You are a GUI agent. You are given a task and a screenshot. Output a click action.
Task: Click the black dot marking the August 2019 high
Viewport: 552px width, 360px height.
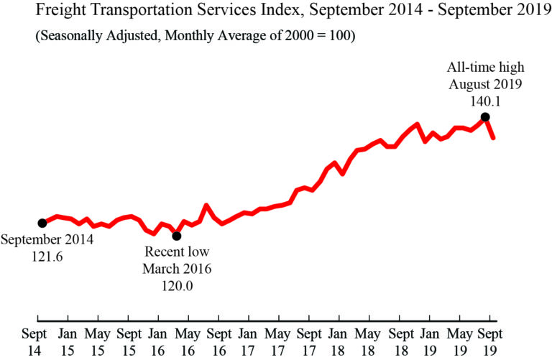(485, 116)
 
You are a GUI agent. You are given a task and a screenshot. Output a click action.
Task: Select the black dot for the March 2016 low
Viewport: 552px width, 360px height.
(177, 236)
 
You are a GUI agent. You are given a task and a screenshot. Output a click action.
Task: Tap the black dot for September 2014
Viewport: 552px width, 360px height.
(42, 223)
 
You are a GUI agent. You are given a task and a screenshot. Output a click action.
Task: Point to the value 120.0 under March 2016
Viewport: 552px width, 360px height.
(177, 285)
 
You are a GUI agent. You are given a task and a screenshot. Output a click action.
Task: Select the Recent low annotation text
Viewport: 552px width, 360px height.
(177, 252)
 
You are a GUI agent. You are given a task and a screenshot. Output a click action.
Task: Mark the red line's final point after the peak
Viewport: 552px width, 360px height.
(493, 137)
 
